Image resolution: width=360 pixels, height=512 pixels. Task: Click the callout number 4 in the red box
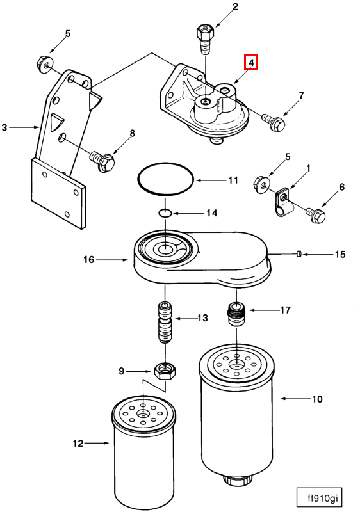click(x=251, y=62)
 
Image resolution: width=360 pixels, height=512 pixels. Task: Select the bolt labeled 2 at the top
click(x=205, y=40)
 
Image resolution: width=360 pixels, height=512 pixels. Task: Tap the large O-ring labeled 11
click(x=166, y=179)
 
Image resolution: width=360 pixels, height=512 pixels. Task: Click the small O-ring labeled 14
click(x=165, y=213)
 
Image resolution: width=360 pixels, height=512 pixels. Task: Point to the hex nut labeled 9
click(x=165, y=371)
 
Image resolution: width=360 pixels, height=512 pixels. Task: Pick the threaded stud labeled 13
click(x=165, y=323)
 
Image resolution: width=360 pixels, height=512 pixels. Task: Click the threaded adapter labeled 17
click(x=236, y=314)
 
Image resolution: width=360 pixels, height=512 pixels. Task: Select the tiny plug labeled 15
click(x=299, y=254)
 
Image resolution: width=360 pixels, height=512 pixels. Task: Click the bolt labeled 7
click(x=274, y=121)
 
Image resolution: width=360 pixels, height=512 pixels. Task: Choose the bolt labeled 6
click(x=316, y=214)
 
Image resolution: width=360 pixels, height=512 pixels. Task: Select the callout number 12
click(x=78, y=443)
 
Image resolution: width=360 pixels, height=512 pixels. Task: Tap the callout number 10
click(x=317, y=399)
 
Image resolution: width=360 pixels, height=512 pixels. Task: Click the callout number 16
click(x=88, y=260)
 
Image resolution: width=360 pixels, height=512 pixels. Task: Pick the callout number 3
click(x=4, y=127)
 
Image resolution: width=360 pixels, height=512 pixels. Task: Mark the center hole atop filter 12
click(x=143, y=414)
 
